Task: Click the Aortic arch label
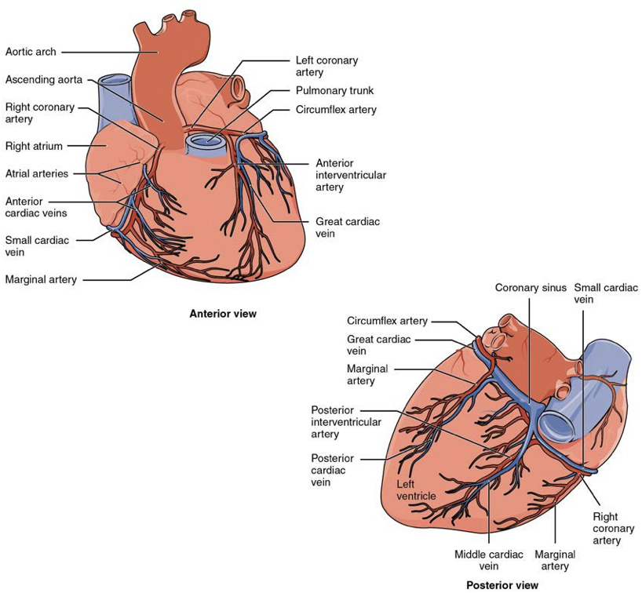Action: point(31,52)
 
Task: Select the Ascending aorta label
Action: point(44,79)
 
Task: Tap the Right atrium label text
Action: point(34,146)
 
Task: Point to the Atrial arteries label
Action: point(37,173)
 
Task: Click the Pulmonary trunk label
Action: point(334,90)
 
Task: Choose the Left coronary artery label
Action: point(326,67)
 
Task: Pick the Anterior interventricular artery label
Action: point(351,175)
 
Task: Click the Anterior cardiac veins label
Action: point(36,207)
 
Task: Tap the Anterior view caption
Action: point(223,314)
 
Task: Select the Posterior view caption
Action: point(502,585)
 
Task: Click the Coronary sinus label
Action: point(531,288)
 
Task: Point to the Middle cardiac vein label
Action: point(489,560)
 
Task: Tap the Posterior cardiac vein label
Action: point(333,470)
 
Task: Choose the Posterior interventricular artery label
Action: point(346,422)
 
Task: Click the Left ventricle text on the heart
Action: point(416,490)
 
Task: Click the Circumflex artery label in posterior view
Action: point(387,321)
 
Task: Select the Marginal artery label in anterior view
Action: point(41,279)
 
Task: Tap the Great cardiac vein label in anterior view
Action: point(348,227)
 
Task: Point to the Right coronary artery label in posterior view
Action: point(613,529)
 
